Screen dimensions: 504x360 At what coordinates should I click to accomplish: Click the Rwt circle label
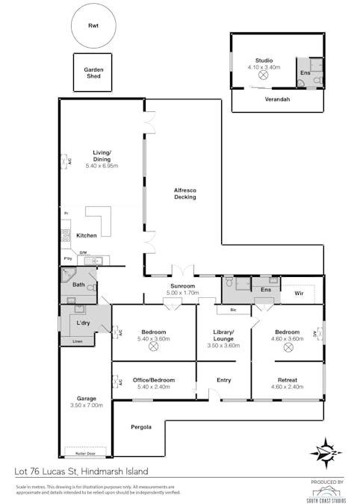coord(93,26)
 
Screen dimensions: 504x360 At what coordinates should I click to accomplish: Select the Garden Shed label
coord(93,72)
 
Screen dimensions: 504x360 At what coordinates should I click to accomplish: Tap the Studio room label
coord(264,60)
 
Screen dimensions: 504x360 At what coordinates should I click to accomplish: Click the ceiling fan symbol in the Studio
coord(264,75)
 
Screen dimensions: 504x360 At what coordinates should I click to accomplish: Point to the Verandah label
coord(277,99)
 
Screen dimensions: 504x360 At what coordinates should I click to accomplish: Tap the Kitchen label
coord(87,235)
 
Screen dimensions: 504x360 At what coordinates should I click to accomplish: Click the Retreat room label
coord(287,379)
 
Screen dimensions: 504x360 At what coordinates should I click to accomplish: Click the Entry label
coord(223,380)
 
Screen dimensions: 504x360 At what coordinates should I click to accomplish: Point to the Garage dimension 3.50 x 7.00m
coord(85,405)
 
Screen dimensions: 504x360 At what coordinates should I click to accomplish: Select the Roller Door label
coord(85,452)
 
